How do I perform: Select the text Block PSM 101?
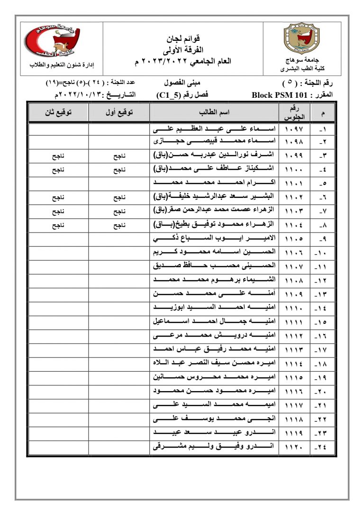281,95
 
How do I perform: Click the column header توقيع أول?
118,112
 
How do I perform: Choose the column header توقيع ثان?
58,112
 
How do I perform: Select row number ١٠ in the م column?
323,253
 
